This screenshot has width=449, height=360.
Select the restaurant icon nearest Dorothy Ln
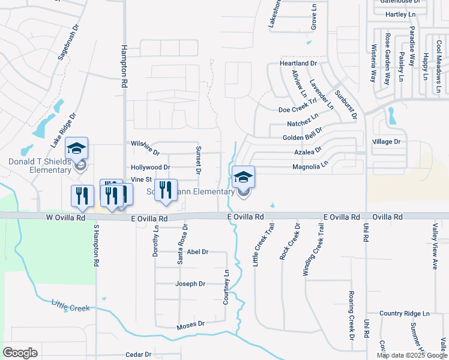166,191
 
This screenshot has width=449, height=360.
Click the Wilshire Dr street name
145,144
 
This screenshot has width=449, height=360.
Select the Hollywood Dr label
150,167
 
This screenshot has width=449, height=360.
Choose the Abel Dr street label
197,252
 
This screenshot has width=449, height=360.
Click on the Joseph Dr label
190,284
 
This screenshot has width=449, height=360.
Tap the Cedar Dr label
139,355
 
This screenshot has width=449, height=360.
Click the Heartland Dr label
298,63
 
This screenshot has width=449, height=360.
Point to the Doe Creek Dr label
297,110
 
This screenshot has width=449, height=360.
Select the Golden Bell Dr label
303,137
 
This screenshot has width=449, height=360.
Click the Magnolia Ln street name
310,164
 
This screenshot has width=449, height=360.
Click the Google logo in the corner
20,353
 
